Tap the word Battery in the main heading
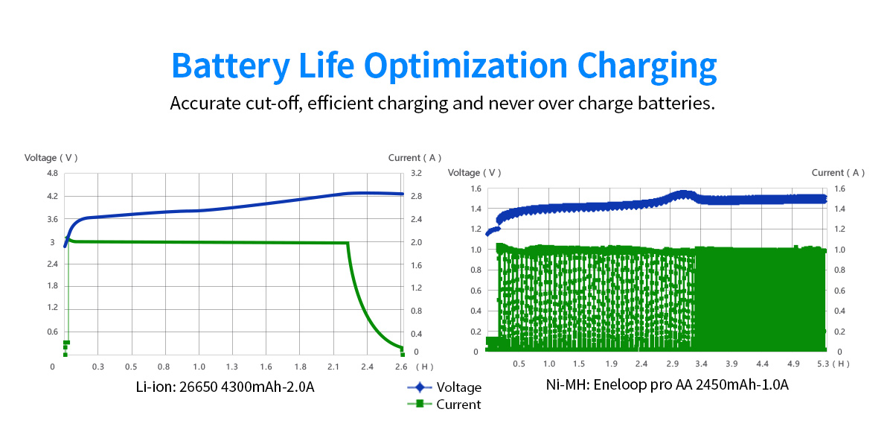(229, 66)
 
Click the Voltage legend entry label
(458, 387)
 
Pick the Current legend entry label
(458, 405)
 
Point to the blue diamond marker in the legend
(420, 387)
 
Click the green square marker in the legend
(420, 404)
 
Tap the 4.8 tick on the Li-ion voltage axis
(52, 174)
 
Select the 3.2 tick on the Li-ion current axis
(415, 174)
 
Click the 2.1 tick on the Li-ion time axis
(333, 367)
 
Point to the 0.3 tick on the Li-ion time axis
(97, 367)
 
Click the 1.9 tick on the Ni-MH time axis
(612, 364)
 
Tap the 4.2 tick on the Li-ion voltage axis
(52, 197)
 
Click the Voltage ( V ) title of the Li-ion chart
(51, 158)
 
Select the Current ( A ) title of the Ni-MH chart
(838, 173)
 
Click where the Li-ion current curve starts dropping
(348, 243)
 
